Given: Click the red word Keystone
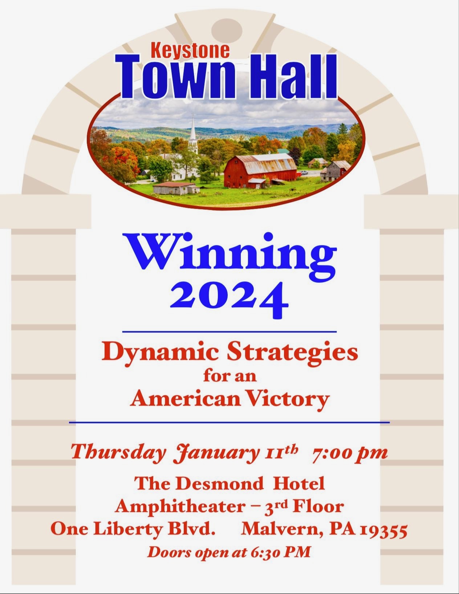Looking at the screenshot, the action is point(190,50).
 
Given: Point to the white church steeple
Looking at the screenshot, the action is point(193,134).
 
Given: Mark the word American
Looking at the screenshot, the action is point(186,400).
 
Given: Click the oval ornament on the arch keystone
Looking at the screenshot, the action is point(227,31).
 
